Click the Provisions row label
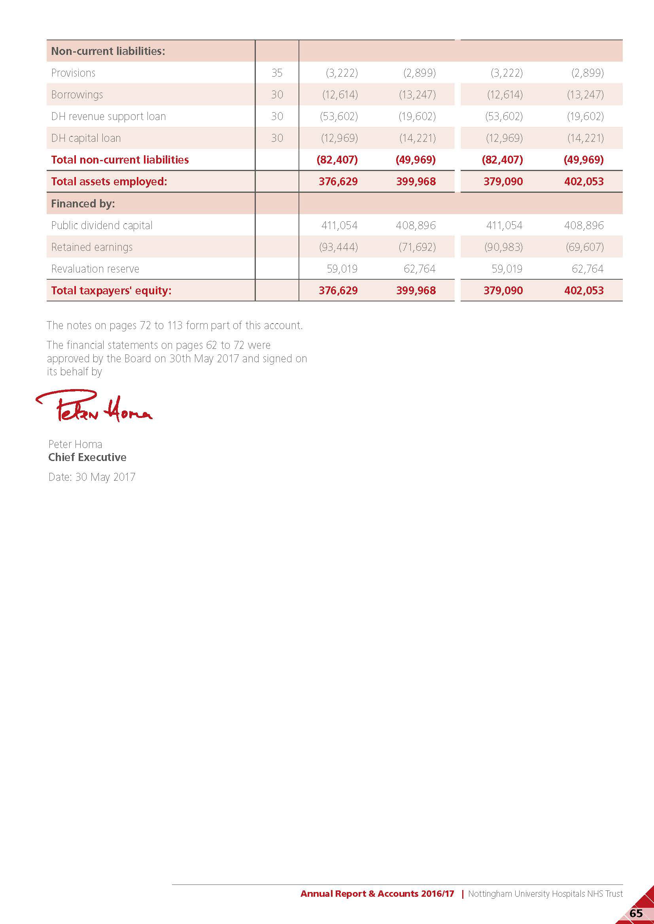[x=73, y=73]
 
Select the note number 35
[x=277, y=73]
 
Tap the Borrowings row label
[x=77, y=94]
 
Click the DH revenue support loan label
[x=108, y=116]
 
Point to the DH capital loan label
[x=86, y=138]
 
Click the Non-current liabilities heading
[x=108, y=51]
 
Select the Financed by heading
[x=83, y=203]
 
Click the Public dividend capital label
[x=102, y=225]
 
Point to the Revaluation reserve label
[x=95, y=269]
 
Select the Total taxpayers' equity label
[x=111, y=291]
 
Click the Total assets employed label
[x=109, y=181]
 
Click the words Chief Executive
[x=87, y=457]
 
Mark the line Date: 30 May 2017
[x=92, y=477]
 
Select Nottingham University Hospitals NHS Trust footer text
[x=545, y=894]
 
